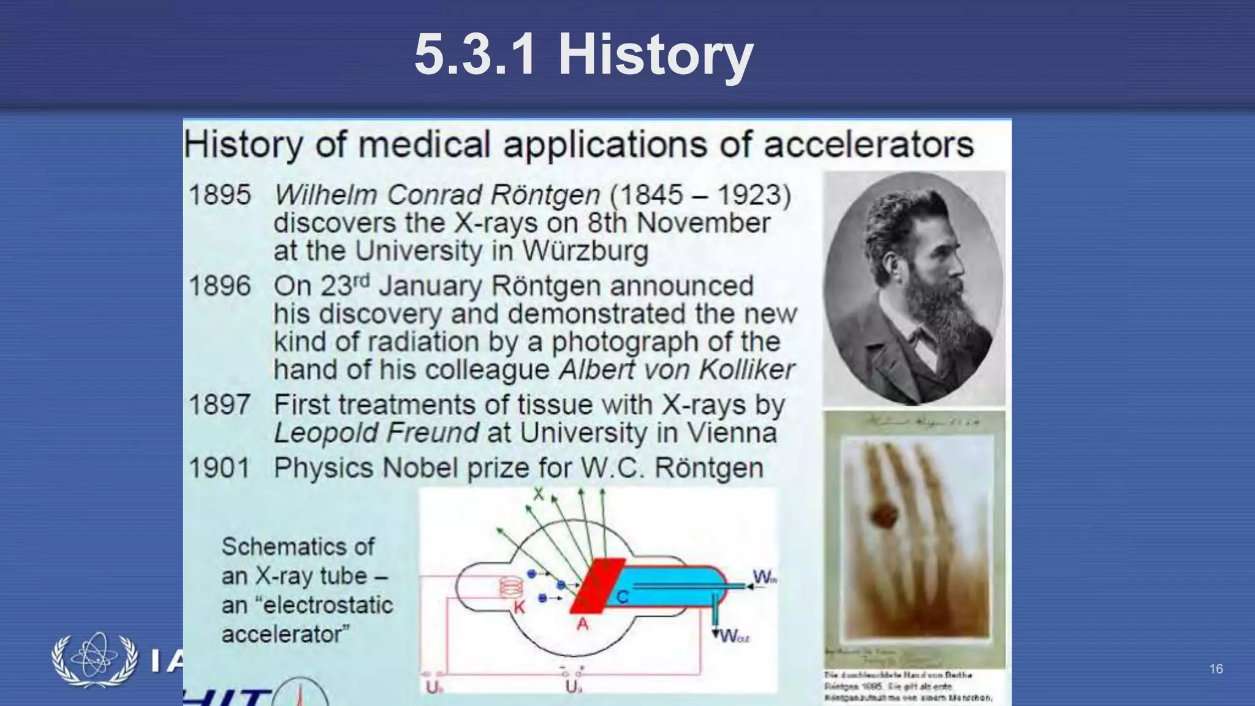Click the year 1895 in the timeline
[219, 195]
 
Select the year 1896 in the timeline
[219, 286]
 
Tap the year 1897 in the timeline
[219, 405]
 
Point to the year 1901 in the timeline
[219, 468]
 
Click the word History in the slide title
[655, 55]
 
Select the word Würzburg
[585, 251]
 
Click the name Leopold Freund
[376, 433]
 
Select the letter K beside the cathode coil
[519, 607]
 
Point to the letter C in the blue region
[622, 596]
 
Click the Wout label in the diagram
[734, 636]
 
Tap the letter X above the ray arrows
[538, 494]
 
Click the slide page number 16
[1216, 669]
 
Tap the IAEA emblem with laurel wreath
[95, 660]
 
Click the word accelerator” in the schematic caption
[285, 634]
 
